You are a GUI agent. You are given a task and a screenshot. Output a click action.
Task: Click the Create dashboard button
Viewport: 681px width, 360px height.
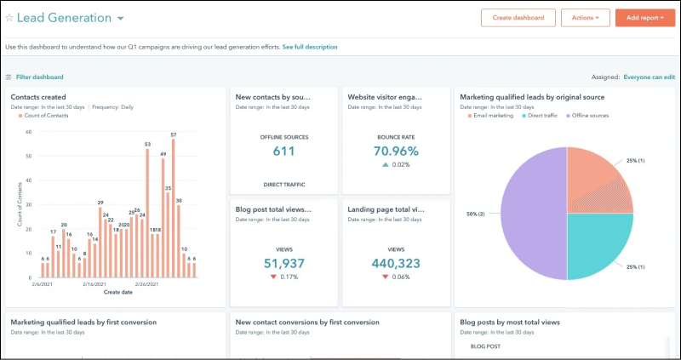pyautogui.click(x=518, y=17)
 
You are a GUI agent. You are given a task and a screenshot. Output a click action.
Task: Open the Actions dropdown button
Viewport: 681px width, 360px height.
pyautogui.click(x=585, y=17)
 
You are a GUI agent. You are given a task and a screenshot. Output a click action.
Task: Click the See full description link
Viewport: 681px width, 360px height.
pyautogui.click(x=310, y=47)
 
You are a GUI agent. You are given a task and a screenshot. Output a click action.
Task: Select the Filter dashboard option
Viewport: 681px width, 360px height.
pyautogui.click(x=39, y=77)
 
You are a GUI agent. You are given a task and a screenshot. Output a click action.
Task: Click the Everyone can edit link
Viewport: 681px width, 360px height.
pyautogui.click(x=649, y=77)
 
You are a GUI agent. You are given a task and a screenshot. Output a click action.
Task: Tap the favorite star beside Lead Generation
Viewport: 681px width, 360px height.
pyautogui.click(x=9, y=18)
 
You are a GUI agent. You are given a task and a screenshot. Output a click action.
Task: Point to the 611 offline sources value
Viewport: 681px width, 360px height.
pyautogui.click(x=283, y=151)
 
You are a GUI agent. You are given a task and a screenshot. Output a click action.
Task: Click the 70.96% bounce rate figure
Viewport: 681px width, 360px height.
pyautogui.click(x=396, y=151)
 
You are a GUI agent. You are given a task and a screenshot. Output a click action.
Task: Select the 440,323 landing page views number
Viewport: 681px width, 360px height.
pyautogui.click(x=396, y=263)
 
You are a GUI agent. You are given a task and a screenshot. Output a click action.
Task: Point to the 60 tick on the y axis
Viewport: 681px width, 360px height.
pyautogui.click(x=28, y=131)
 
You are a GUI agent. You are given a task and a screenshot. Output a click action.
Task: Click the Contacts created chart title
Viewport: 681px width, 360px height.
pyautogui.click(x=38, y=97)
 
